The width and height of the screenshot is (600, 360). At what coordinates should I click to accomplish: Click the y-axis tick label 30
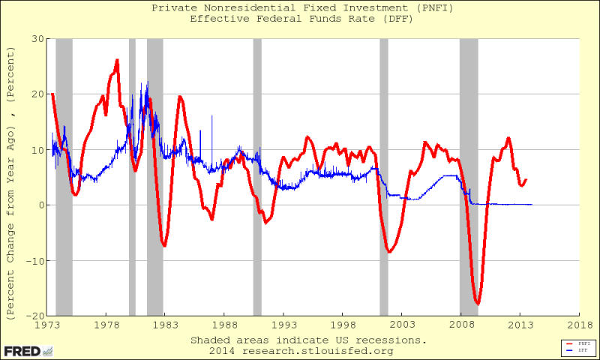37,38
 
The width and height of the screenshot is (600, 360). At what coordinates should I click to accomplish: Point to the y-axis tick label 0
40,205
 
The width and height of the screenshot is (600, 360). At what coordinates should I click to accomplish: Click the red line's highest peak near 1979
117,60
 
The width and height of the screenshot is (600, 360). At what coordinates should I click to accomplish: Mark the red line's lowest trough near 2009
477,303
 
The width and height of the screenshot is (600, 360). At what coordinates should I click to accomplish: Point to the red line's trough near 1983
164,245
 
